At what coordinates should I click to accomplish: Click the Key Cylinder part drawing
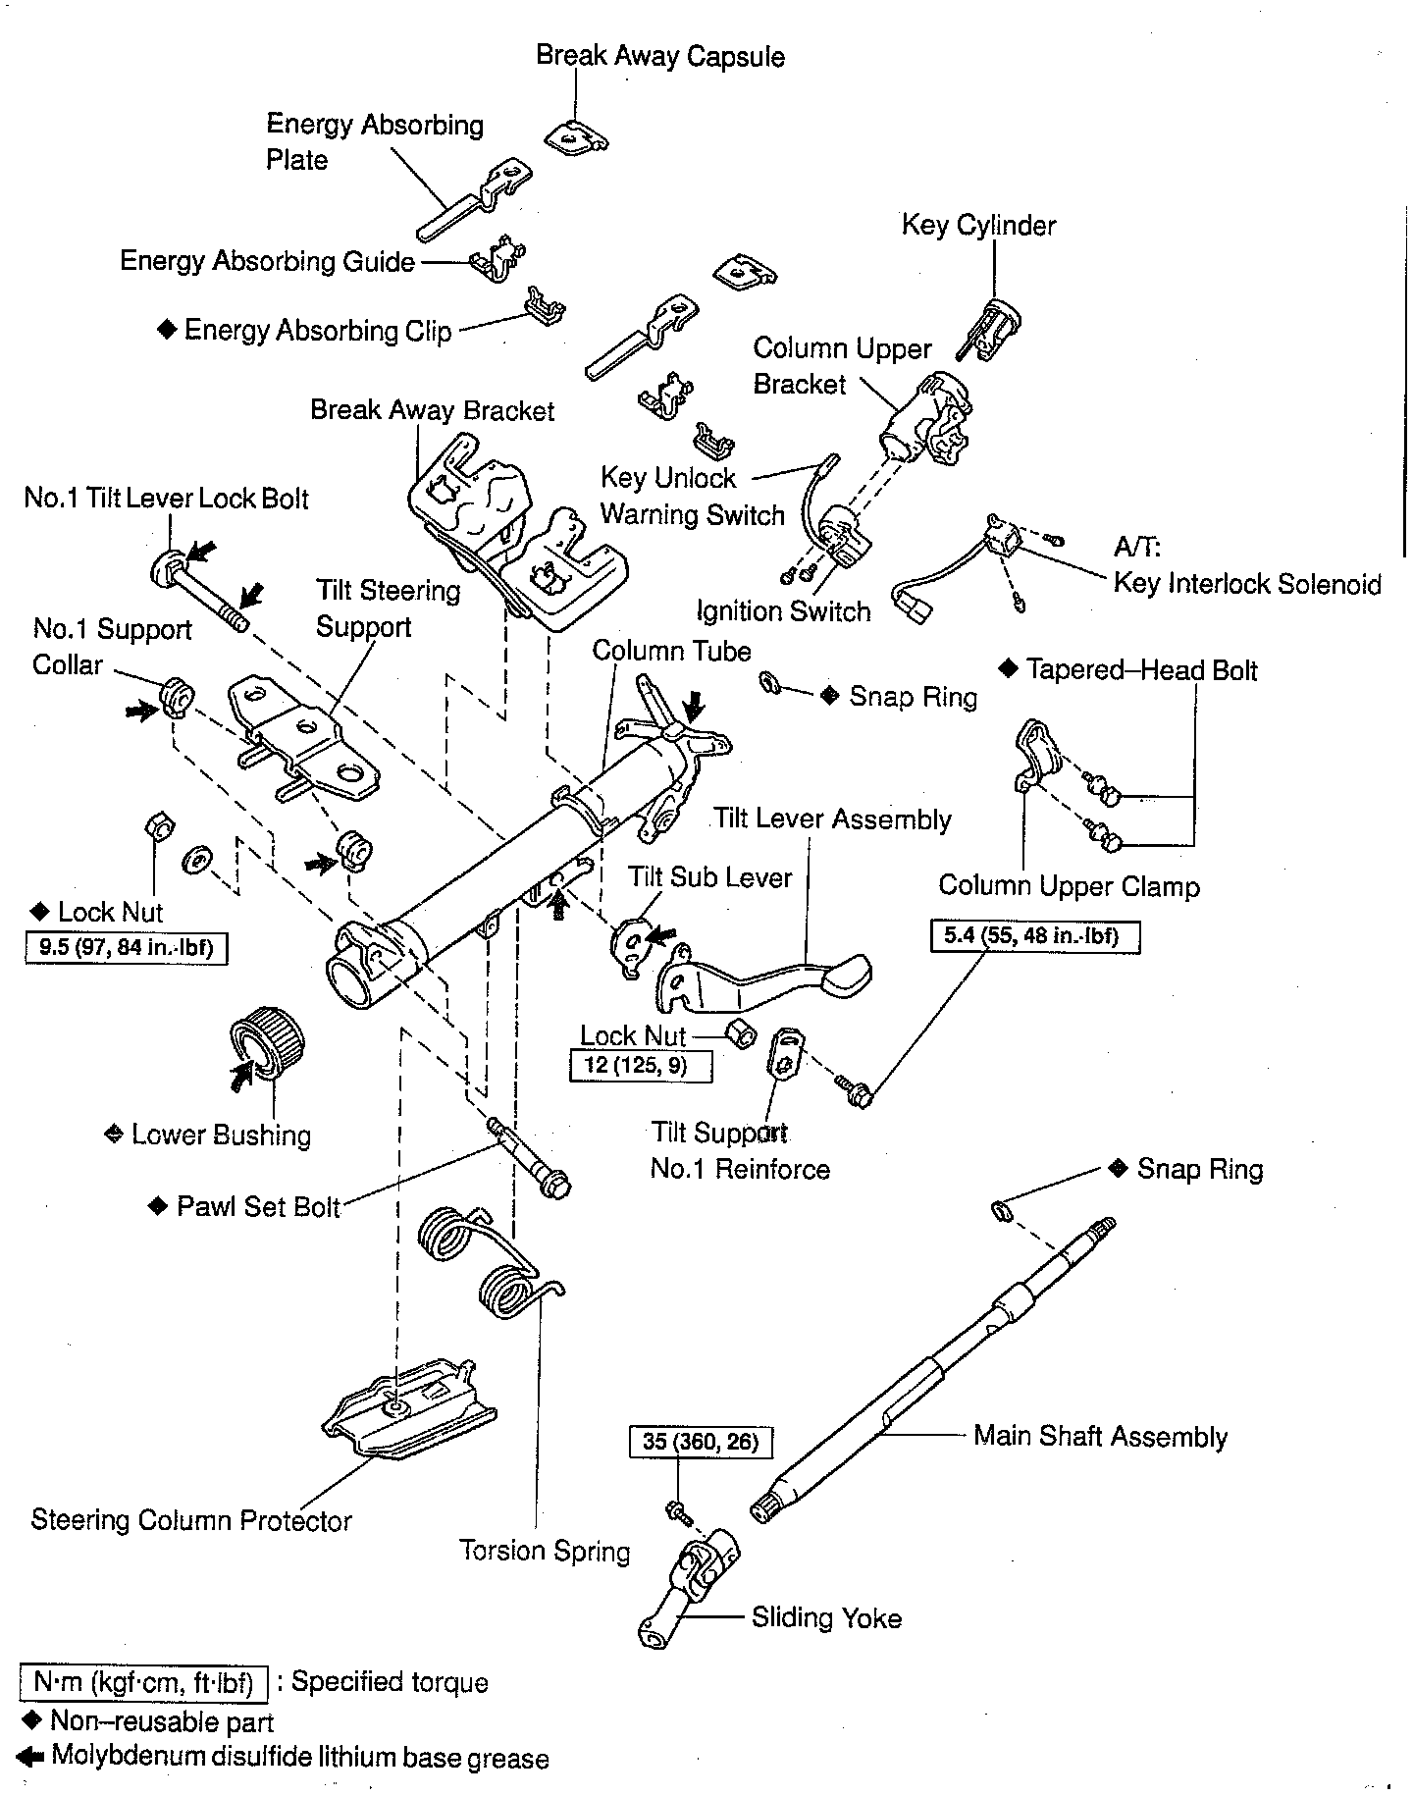[x=993, y=324]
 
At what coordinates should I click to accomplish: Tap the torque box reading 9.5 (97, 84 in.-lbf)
[x=127, y=948]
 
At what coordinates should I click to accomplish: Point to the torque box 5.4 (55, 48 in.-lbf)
[x=1035, y=935]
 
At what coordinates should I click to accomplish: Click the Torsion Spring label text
[x=545, y=1552]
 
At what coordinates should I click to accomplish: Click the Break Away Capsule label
[x=659, y=56]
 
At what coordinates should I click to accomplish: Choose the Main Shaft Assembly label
[x=1100, y=1437]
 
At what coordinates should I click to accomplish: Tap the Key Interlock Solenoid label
[x=1246, y=584]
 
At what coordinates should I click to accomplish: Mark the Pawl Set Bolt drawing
[x=531, y=1158]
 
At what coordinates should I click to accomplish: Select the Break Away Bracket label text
[x=432, y=410]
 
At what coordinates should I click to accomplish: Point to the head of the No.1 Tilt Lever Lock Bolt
[x=166, y=567]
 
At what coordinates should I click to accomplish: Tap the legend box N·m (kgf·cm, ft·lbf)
[x=142, y=1682]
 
